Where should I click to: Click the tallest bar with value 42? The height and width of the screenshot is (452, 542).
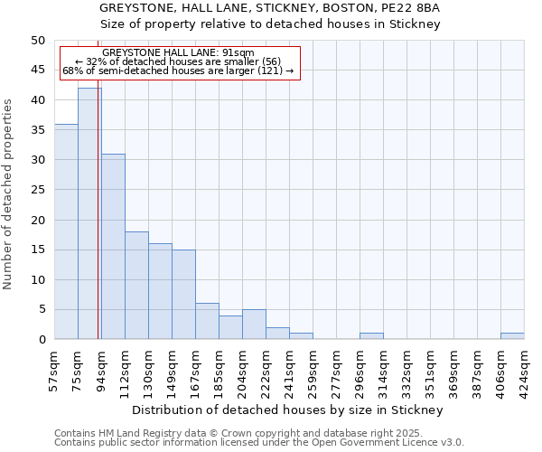(x=89, y=213)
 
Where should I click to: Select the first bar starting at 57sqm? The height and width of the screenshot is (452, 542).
(x=66, y=231)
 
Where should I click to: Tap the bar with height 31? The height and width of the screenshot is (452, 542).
(x=113, y=246)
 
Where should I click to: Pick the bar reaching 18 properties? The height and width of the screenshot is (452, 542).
(x=136, y=285)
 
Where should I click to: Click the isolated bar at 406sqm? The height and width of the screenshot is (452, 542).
(x=512, y=336)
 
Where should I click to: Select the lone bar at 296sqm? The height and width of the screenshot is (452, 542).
(x=371, y=336)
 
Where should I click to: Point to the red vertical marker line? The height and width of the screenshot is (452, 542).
(x=98, y=226)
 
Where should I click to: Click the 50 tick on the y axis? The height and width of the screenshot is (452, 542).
(x=37, y=41)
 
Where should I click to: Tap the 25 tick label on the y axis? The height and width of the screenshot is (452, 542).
(x=37, y=190)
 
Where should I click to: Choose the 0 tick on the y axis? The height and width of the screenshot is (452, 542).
(x=41, y=340)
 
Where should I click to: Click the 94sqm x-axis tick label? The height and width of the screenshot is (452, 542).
(x=102, y=367)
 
